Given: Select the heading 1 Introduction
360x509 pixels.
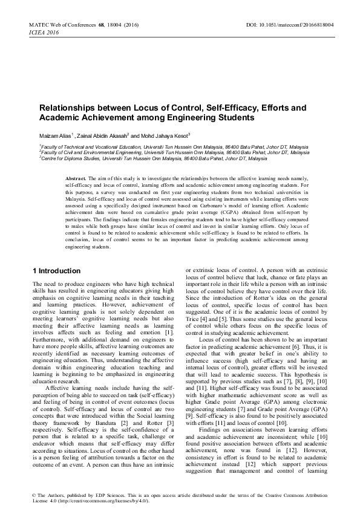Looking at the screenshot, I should click(56, 270).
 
